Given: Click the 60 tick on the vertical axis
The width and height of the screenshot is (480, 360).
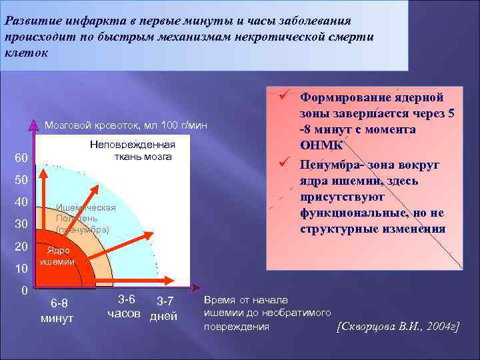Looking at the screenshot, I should pyautogui.click(x=21, y=159).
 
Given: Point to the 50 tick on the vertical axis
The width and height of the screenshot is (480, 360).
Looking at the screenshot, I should pyautogui.click(x=21, y=181).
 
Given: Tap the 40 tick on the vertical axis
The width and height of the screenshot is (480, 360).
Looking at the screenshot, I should pyautogui.click(x=21, y=203).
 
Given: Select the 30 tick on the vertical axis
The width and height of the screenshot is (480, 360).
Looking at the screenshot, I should pyautogui.click(x=21, y=225).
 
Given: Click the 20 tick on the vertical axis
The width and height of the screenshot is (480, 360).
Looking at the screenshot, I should pyautogui.click(x=21, y=247).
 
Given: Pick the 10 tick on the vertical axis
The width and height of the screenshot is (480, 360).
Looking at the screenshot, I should pyautogui.click(x=21, y=269).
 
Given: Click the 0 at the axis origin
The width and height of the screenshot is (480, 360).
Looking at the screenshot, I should pyautogui.click(x=24, y=291).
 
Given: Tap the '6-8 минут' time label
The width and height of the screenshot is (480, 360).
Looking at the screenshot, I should pyautogui.click(x=57, y=311).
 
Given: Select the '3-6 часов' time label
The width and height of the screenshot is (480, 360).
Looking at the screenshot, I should pyautogui.click(x=124, y=307).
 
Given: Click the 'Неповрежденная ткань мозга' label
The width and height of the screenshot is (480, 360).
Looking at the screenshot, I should pyautogui.click(x=132, y=151).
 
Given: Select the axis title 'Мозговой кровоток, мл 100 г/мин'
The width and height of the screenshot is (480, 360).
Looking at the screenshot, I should pyautogui.click(x=125, y=125).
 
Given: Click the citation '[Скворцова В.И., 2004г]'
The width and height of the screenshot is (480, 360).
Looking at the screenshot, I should pyautogui.click(x=398, y=327).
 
